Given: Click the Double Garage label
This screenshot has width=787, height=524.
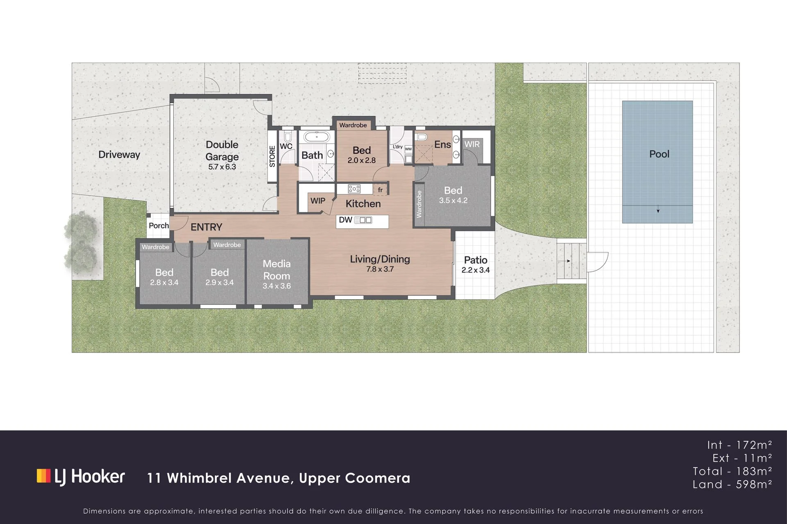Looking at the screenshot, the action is point(222,151).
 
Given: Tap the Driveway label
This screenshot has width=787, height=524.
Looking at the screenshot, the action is point(119,155).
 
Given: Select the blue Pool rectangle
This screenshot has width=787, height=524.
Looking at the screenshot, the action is point(658,162).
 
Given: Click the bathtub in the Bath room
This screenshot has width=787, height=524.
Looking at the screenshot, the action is point(316,137).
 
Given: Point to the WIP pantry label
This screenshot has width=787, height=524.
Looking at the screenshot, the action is point(318,201).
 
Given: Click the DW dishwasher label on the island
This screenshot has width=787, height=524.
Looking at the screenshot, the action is point(345,220).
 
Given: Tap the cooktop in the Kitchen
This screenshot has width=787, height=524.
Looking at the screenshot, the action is point(354,189).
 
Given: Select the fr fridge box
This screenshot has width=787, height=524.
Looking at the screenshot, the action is point(380,190).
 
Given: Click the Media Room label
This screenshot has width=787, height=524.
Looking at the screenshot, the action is point(277,270).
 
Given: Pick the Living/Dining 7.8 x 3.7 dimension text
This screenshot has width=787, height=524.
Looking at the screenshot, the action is point(380,269).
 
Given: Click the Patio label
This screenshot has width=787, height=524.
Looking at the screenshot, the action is point(476,260).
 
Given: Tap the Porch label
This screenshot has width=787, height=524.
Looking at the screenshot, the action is point(159,226).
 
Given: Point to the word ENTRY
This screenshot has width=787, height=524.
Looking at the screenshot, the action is point(206,227).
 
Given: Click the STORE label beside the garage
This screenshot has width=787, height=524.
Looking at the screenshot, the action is point(272,156).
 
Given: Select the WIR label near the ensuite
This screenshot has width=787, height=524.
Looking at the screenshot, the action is point(472,144).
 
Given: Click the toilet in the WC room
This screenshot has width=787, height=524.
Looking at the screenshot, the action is point(287,136).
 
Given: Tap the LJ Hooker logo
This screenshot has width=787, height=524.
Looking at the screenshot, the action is point(81,477).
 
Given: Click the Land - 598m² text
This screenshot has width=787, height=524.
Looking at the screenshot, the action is point(733,484).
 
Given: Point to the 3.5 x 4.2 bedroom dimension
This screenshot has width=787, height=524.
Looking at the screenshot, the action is point(453,201).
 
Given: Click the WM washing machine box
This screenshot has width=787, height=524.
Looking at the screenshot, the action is point(408,149).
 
